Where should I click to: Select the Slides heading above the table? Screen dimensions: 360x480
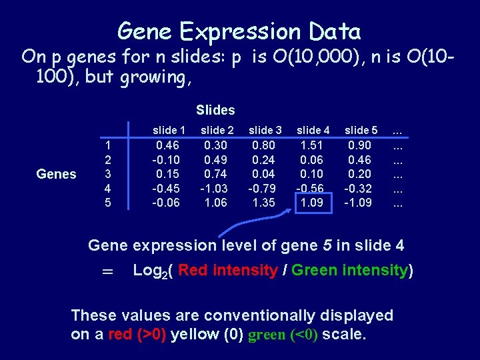[215, 109]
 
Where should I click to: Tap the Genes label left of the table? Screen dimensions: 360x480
[57, 174]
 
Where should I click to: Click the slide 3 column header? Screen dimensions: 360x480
[265, 131]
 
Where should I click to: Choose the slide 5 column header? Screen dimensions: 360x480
[361, 131]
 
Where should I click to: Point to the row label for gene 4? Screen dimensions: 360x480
[109, 188]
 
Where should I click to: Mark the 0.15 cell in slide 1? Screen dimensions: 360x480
[167, 174]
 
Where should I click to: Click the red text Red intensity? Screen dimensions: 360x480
[228, 271]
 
